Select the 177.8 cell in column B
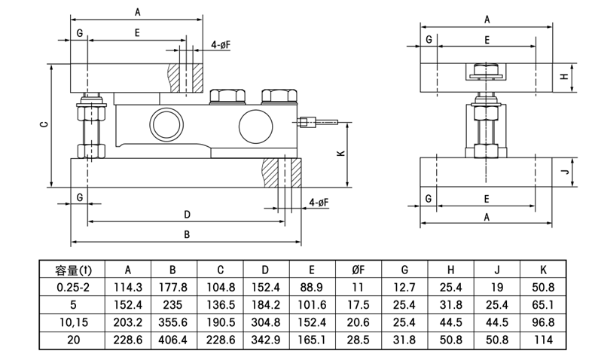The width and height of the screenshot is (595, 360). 173,287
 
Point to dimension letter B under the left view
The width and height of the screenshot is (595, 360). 186,234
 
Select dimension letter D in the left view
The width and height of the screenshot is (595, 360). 186,214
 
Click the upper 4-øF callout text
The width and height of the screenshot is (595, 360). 221,46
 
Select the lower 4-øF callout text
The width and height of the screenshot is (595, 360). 318,202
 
